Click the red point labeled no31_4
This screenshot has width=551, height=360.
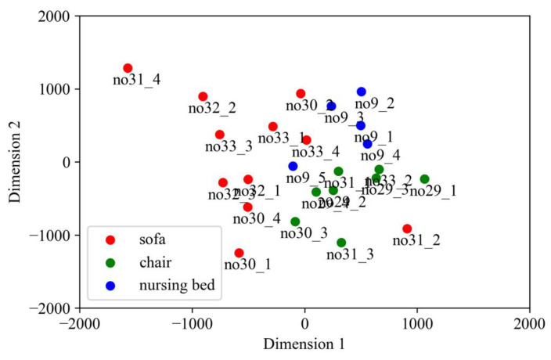click(x=128, y=68)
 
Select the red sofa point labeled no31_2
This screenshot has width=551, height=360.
click(x=407, y=229)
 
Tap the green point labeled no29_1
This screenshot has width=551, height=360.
click(x=424, y=179)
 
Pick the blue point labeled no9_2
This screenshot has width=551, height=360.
click(x=362, y=92)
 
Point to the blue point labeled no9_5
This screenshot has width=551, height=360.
click(x=294, y=166)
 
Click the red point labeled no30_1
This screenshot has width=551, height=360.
click(x=239, y=253)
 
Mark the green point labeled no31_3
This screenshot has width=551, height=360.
click(x=341, y=243)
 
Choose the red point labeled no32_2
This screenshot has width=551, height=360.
click(x=203, y=96)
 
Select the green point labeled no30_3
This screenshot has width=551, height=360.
click(x=295, y=221)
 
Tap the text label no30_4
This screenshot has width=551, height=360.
click(x=256, y=218)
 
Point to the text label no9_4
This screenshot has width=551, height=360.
click(x=381, y=156)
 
